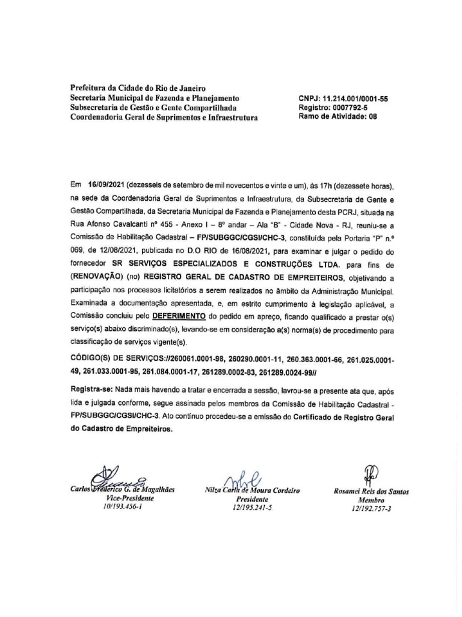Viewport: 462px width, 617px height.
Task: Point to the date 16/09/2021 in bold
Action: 106,171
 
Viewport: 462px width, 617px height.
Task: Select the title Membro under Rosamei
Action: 371,501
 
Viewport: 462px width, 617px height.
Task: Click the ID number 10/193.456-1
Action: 125,508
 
